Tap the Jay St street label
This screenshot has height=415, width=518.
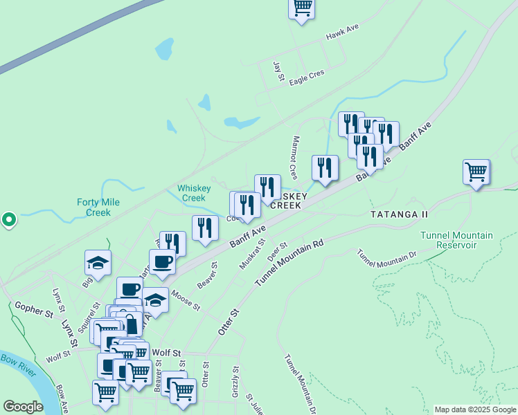click(x=279, y=71)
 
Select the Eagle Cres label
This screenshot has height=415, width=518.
click(x=307, y=77)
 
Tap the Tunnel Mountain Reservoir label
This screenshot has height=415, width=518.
click(x=457, y=241)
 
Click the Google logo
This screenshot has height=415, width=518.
click(x=23, y=407)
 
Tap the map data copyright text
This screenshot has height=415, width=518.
click(x=475, y=409)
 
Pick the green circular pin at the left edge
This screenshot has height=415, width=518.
click(x=8, y=220)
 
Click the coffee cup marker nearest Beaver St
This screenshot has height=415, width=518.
click(x=162, y=261)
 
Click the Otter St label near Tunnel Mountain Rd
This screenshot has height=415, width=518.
click(x=229, y=322)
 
